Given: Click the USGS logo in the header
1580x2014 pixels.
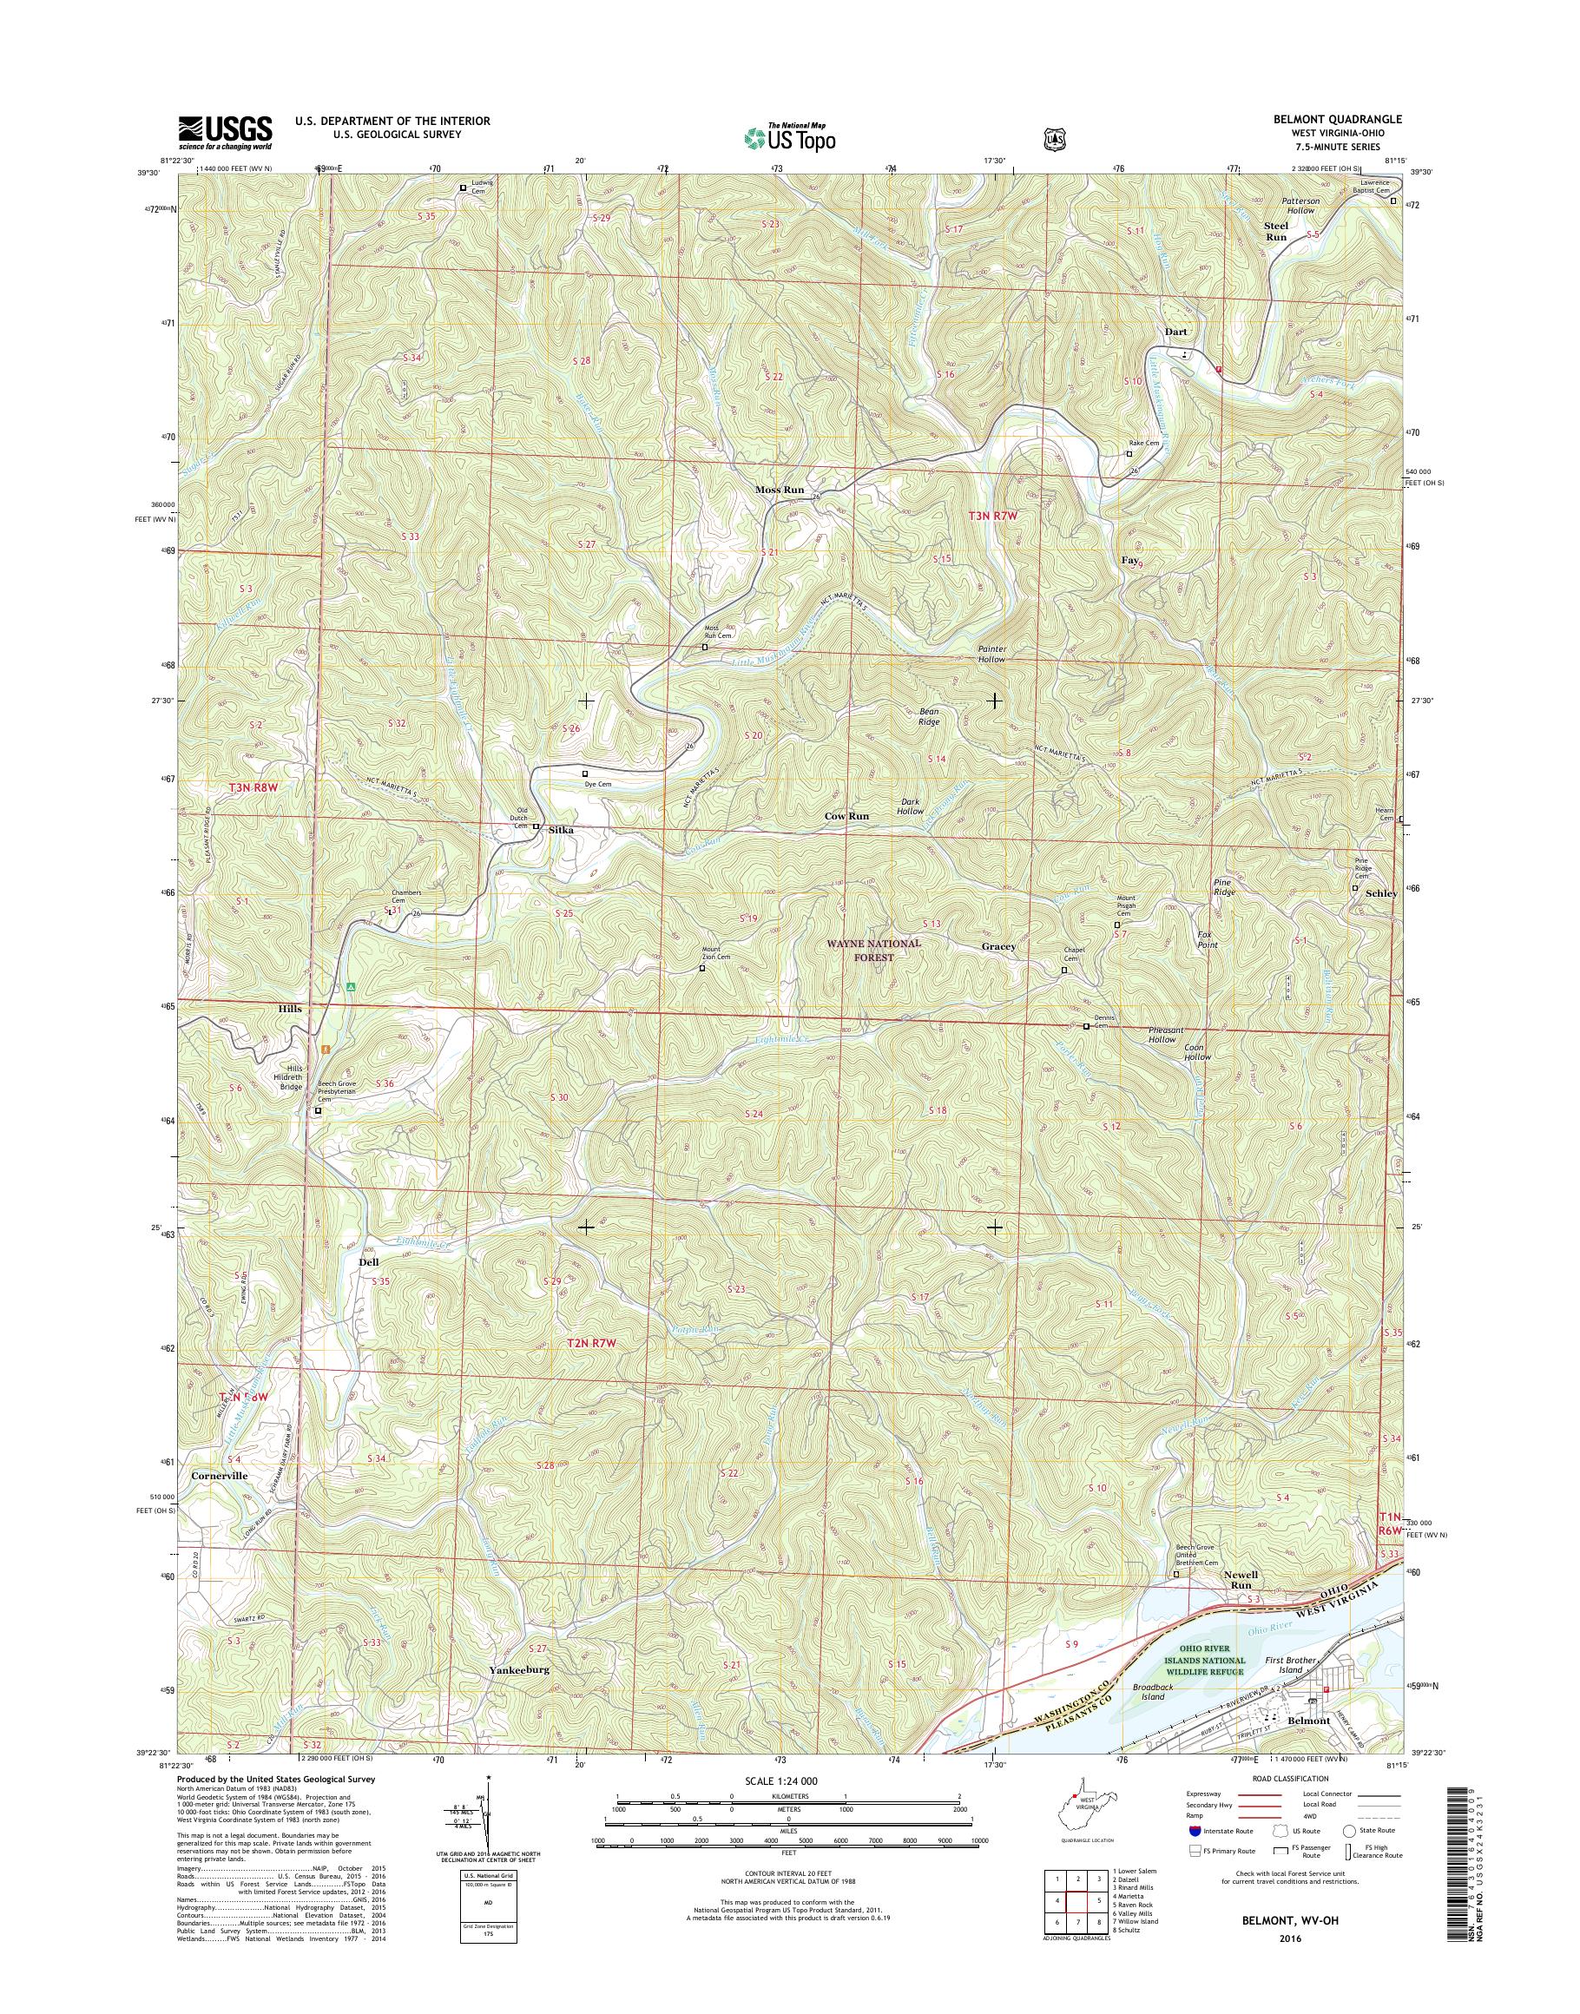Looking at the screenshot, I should tap(225, 131).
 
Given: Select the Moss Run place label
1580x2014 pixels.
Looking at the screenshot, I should tap(779, 490).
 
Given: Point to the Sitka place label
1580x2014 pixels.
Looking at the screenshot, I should tap(561, 830).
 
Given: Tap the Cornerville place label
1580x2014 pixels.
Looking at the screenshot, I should tap(220, 1503).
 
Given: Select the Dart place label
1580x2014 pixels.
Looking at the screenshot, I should tap(1175, 332).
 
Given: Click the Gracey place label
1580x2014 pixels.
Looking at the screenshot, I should tap(998, 946).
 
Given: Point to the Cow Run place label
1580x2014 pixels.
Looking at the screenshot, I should tap(846, 817).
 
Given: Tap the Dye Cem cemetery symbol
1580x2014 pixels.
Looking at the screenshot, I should tap(584, 773).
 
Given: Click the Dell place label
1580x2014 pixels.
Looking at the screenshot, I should tap(368, 1262).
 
